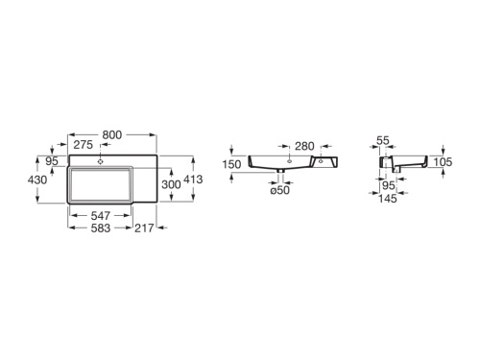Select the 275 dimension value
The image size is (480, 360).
tap(82, 144)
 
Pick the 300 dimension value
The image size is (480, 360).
tap(171, 182)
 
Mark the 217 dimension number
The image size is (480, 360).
tap(145, 230)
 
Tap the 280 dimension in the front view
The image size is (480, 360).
tap(304, 145)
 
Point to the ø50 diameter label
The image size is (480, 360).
tap(278, 191)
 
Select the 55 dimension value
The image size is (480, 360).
tap(382, 140)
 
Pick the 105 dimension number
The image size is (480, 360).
tap(443, 163)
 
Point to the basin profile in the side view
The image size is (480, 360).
tap(408, 166)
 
